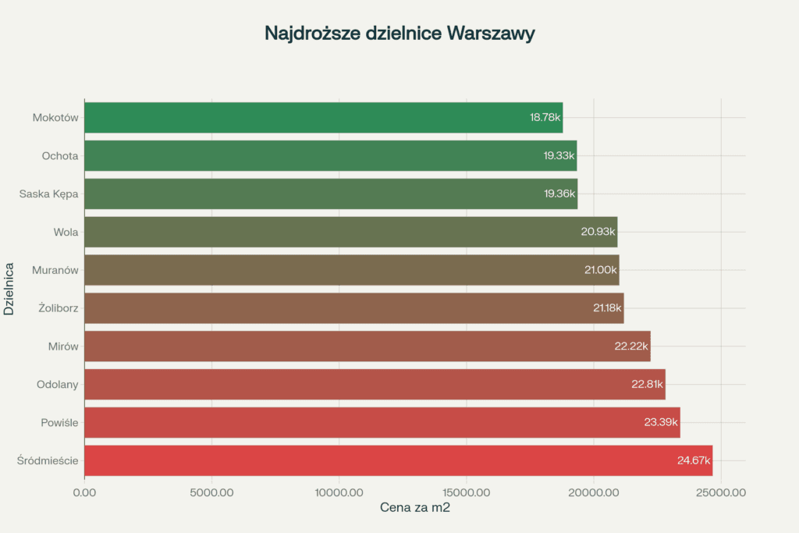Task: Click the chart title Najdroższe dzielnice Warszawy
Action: (x=399, y=34)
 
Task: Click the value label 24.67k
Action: (x=694, y=460)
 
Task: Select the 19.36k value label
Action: (x=559, y=194)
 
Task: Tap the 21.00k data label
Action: (x=599, y=270)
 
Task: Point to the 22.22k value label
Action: (x=631, y=346)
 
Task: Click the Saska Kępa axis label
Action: (x=49, y=194)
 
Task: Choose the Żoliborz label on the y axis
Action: (x=58, y=308)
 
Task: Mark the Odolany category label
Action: (x=57, y=384)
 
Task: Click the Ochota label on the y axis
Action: (x=60, y=156)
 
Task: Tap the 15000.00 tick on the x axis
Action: (x=465, y=492)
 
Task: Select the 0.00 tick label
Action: (x=84, y=492)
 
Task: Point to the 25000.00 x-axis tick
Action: (x=719, y=492)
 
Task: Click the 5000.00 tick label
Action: (x=211, y=492)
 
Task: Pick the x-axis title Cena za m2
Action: (x=415, y=508)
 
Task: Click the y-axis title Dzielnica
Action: (x=9, y=289)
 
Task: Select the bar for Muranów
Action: (x=351, y=270)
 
